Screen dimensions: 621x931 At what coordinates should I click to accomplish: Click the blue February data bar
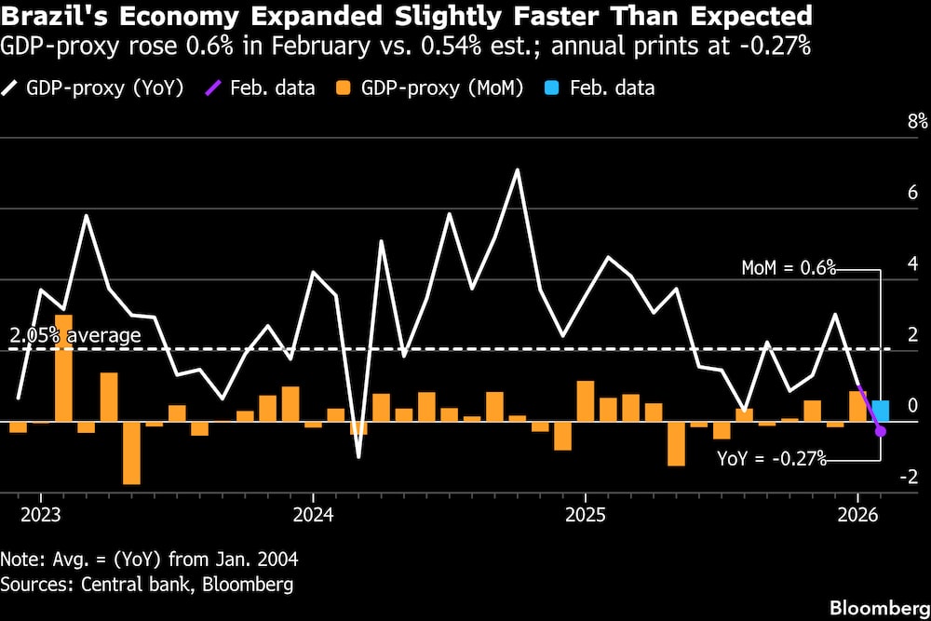[880, 411]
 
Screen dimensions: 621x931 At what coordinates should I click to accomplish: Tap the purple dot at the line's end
[881, 431]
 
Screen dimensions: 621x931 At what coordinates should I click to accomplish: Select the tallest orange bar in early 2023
[63, 368]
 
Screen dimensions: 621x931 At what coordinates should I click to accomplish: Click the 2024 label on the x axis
[313, 515]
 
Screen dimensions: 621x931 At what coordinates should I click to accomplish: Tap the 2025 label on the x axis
[585, 515]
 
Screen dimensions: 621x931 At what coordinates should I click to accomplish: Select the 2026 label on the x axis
[857, 515]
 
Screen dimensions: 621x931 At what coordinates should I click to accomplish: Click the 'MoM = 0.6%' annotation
[789, 268]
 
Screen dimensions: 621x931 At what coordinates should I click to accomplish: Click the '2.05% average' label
[75, 335]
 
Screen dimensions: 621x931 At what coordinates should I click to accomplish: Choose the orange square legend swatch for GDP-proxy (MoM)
[344, 88]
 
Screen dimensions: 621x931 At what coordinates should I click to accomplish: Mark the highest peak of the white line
[518, 169]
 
